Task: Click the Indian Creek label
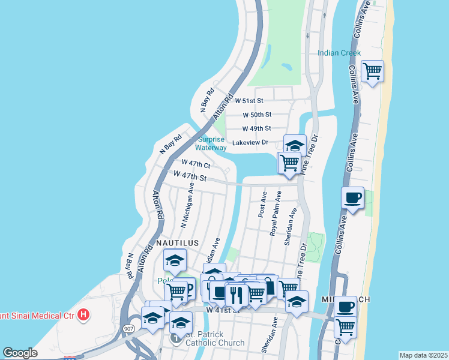(x=339, y=53)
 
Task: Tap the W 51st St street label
(x=253, y=101)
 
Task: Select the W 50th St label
(x=257, y=114)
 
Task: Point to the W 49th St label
(x=257, y=128)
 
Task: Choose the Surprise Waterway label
(x=212, y=143)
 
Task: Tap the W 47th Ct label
(x=196, y=163)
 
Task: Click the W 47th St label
(x=190, y=177)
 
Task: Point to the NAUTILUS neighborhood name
(x=177, y=242)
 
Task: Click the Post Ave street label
(x=263, y=205)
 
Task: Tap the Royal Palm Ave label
(x=276, y=214)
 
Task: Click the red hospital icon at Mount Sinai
(x=85, y=313)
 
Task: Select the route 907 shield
(x=129, y=329)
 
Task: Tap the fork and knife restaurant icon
(x=236, y=295)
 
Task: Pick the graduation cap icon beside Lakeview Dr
(x=295, y=145)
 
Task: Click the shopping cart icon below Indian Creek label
(x=372, y=71)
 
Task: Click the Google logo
(x=20, y=353)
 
